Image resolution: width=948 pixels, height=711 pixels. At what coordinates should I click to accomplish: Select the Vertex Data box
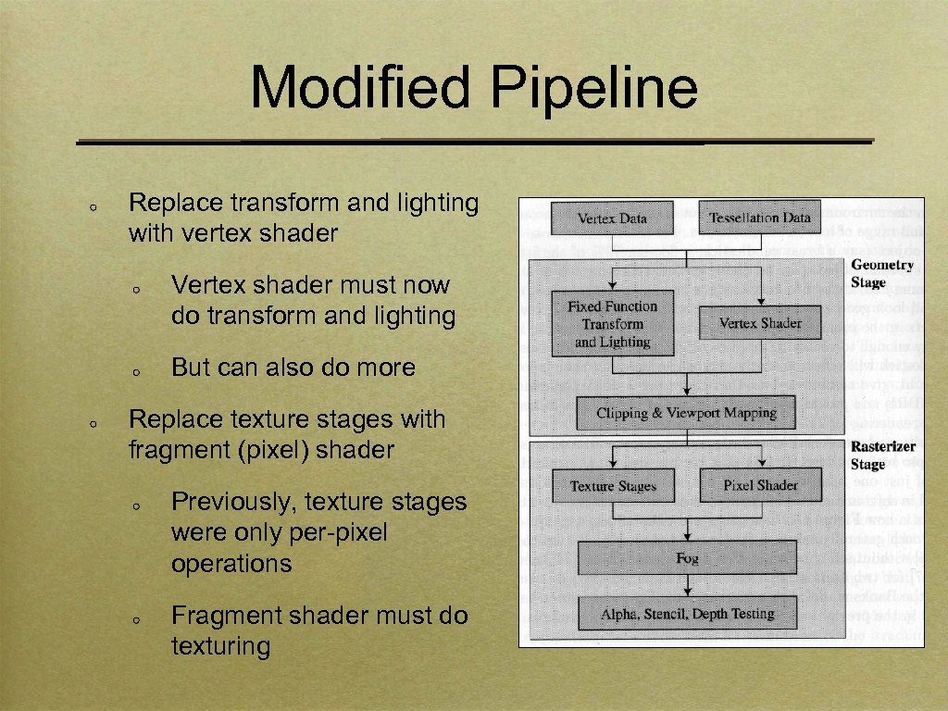click(612, 218)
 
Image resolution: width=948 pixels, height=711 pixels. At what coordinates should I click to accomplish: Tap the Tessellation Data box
click(759, 218)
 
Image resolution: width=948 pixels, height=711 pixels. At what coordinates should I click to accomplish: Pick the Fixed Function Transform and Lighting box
click(612, 324)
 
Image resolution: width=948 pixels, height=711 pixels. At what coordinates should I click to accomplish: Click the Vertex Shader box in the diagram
click(760, 323)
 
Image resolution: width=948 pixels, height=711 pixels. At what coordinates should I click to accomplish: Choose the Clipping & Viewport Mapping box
click(686, 413)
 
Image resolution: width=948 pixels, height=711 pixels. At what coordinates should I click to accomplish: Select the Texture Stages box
click(613, 486)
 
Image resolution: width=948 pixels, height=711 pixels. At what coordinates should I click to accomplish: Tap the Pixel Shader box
click(760, 485)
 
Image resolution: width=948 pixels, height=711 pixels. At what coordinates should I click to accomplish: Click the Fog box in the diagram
click(687, 558)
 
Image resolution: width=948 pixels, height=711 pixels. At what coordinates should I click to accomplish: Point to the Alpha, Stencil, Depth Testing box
click(687, 614)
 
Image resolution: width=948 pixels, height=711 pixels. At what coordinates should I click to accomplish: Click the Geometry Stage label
click(880, 273)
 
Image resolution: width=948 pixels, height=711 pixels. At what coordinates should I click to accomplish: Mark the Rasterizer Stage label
click(881, 455)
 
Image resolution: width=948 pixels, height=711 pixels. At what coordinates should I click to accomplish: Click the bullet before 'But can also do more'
click(135, 370)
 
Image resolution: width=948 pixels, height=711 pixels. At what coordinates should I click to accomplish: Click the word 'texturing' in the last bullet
click(220, 646)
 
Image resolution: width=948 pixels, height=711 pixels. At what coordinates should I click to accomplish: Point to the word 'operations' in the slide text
click(231, 564)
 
